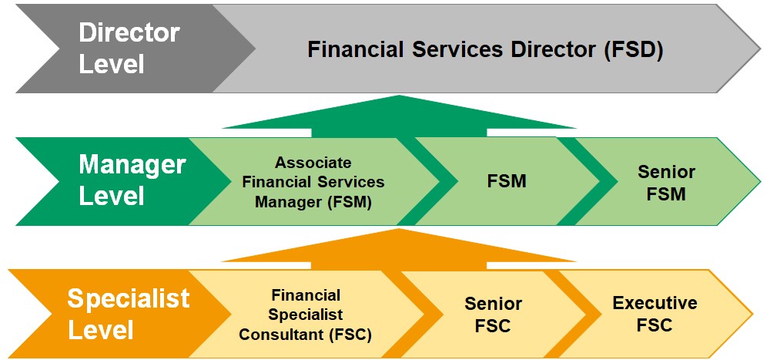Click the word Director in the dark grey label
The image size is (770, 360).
(129, 33)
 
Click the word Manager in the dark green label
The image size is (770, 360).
(132, 167)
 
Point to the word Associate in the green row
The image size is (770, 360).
(313, 162)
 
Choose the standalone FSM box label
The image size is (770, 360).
(507, 181)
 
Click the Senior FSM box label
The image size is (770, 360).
(666, 183)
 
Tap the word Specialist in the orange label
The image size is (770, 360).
(128, 298)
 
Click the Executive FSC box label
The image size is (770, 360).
(654, 314)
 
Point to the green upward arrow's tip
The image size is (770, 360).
(399, 96)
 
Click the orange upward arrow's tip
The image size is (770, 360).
(399, 229)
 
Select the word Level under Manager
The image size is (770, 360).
(112, 197)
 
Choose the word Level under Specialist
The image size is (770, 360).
(101, 329)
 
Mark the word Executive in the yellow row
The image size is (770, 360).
(654, 303)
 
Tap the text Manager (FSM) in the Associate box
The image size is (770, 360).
(313, 202)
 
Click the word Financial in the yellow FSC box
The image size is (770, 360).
(306, 295)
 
